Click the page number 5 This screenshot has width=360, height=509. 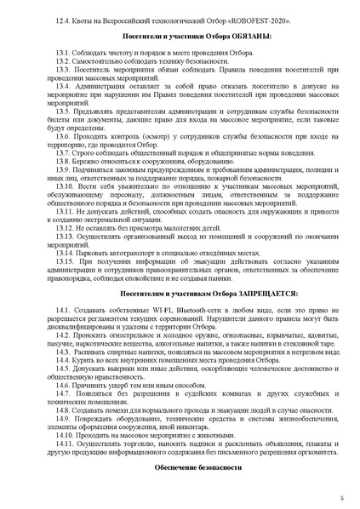pos(341,496)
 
